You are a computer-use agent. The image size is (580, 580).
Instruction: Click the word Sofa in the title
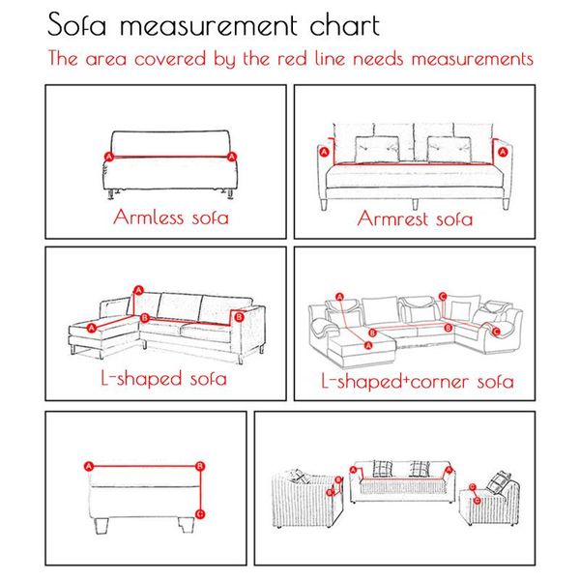click(77, 24)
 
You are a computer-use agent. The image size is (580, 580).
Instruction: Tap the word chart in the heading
click(345, 25)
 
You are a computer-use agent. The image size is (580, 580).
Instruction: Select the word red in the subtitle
click(293, 59)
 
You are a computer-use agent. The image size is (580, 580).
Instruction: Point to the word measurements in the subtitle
click(473, 59)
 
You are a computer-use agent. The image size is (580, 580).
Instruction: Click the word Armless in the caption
click(148, 217)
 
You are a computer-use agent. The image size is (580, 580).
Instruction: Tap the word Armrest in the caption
click(392, 218)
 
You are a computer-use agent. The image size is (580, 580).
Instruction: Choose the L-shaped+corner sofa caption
click(418, 381)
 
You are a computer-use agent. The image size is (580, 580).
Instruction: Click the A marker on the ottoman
click(89, 467)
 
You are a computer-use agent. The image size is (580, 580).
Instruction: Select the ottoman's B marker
click(200, 466)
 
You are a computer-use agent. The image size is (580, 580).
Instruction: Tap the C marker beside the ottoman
click(200, 514)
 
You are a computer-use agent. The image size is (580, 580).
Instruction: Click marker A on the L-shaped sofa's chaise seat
click(92, 328)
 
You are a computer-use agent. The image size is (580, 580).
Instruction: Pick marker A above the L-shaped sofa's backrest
click(138, 290)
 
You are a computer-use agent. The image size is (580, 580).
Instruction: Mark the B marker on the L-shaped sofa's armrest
click(240, 317)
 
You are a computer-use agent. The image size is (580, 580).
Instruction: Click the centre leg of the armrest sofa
click(416, 204)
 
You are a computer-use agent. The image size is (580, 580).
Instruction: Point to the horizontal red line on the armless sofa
click(170, 157)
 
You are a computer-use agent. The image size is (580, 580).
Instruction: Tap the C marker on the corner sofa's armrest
click(497, 332)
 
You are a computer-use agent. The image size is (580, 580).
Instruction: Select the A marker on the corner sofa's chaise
click(368, 345)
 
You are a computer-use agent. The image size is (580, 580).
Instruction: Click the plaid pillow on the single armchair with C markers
click(498, 482)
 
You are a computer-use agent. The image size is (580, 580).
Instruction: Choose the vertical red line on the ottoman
click(200, 490)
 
